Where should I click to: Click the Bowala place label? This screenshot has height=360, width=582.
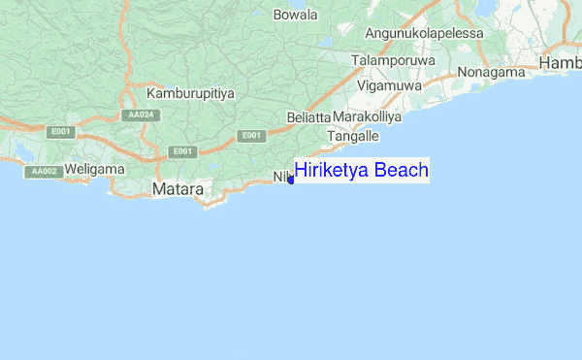coord(296,15)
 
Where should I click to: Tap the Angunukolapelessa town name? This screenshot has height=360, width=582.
coord(424,33)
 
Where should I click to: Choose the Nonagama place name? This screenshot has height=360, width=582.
coord(491,72)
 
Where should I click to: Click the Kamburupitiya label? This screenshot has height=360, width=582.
coord(191,93)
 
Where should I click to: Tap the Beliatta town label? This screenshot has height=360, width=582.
coord(309,117)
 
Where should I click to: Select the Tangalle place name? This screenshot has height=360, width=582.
coord(353,137)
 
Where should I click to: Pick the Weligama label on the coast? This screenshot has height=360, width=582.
coord(95,169)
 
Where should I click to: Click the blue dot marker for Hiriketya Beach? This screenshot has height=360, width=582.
coord(291,180)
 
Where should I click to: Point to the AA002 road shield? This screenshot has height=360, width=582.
coord(43,171)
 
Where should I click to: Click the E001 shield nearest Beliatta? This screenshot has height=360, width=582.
coord(250,136)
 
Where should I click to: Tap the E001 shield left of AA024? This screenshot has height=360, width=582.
coord(61,131)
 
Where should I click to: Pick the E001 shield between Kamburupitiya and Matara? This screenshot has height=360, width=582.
coord(181,151)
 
